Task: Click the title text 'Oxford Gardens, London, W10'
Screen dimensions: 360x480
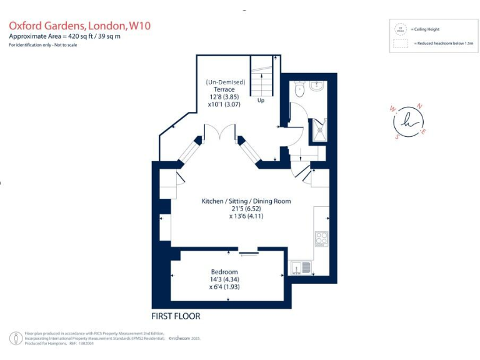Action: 79,26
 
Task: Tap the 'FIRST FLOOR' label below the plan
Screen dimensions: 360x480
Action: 176,316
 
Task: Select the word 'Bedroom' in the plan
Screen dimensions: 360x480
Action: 224,272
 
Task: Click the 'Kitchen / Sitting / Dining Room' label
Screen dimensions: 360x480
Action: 246,201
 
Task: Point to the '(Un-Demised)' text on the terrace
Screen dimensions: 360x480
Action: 226,82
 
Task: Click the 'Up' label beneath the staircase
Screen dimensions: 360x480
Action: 261,100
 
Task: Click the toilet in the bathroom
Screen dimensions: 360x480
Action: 299,89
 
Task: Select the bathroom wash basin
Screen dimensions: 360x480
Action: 316,86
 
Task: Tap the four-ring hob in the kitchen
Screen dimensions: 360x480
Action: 321,239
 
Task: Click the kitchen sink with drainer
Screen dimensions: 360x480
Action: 301,267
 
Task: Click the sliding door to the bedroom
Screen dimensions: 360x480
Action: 249,252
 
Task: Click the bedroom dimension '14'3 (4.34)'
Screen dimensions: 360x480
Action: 224,279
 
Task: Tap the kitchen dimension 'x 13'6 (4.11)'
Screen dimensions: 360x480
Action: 246,216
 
